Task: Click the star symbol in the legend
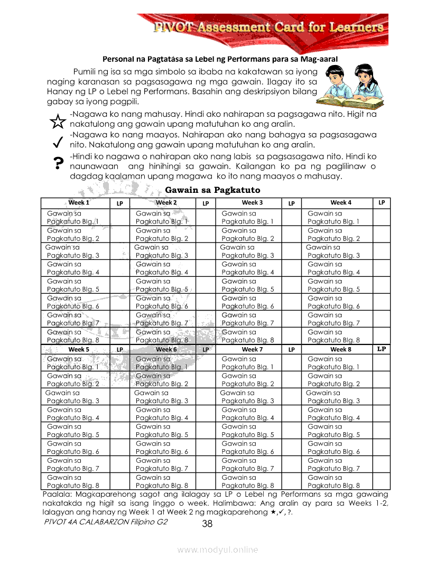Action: click(57, 122)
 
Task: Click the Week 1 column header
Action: click(79, 202)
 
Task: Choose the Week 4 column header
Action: click(341, 202)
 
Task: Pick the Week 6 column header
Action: click(166, 349)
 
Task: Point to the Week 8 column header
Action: click(341, 349)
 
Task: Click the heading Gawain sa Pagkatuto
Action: click(213, 190)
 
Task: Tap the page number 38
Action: click(207, 524)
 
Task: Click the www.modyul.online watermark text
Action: click(218, 550)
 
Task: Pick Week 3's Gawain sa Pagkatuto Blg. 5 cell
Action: click(247, 285)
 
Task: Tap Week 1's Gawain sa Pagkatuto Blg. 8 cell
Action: click(73, 336)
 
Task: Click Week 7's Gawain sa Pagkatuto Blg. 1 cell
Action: click(247, 362)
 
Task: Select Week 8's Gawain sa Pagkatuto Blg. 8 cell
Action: click(333, 481)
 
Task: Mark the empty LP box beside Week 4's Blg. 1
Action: click(382, 217)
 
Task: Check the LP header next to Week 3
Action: click(291, 203)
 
